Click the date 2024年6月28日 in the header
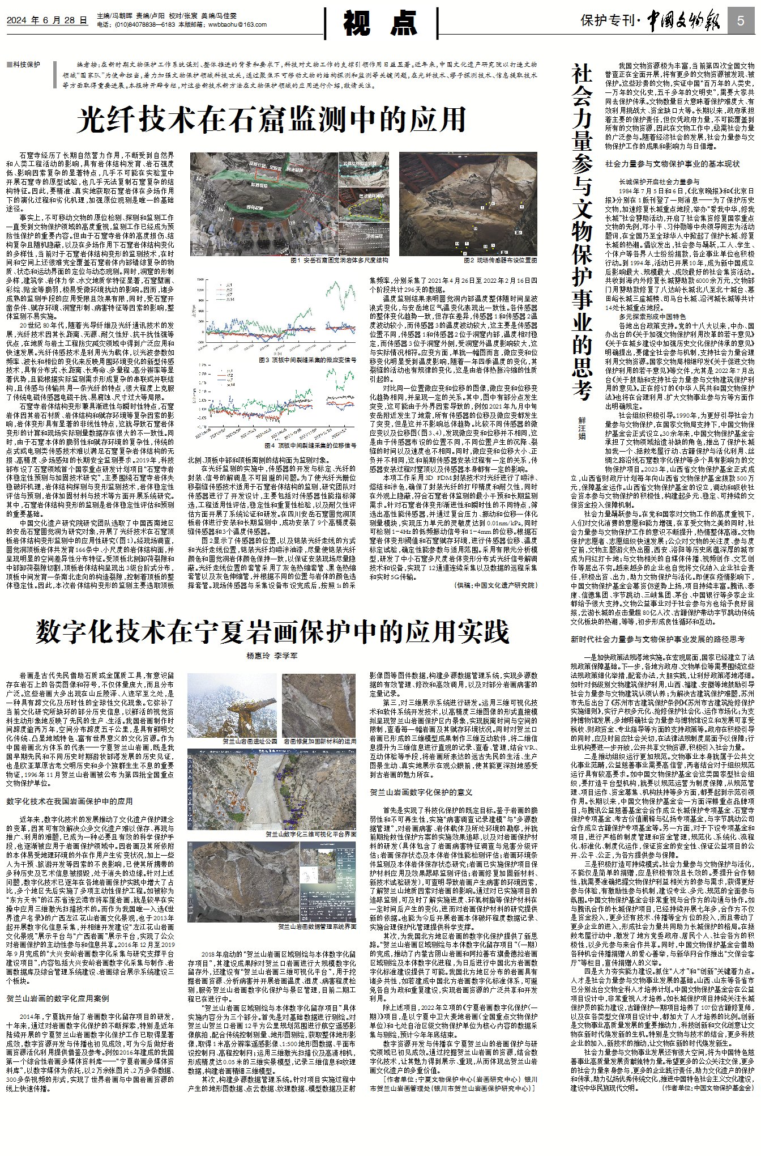point(48,20)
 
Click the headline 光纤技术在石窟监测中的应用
point(272,119)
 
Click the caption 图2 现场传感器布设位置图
point(500,260)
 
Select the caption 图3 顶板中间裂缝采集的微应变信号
point(307,360)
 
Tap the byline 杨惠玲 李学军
point(272,656)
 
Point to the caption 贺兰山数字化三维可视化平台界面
point(311,835)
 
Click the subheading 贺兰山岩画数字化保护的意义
point(421,792)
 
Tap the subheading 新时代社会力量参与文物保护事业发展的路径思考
point(658,639)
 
